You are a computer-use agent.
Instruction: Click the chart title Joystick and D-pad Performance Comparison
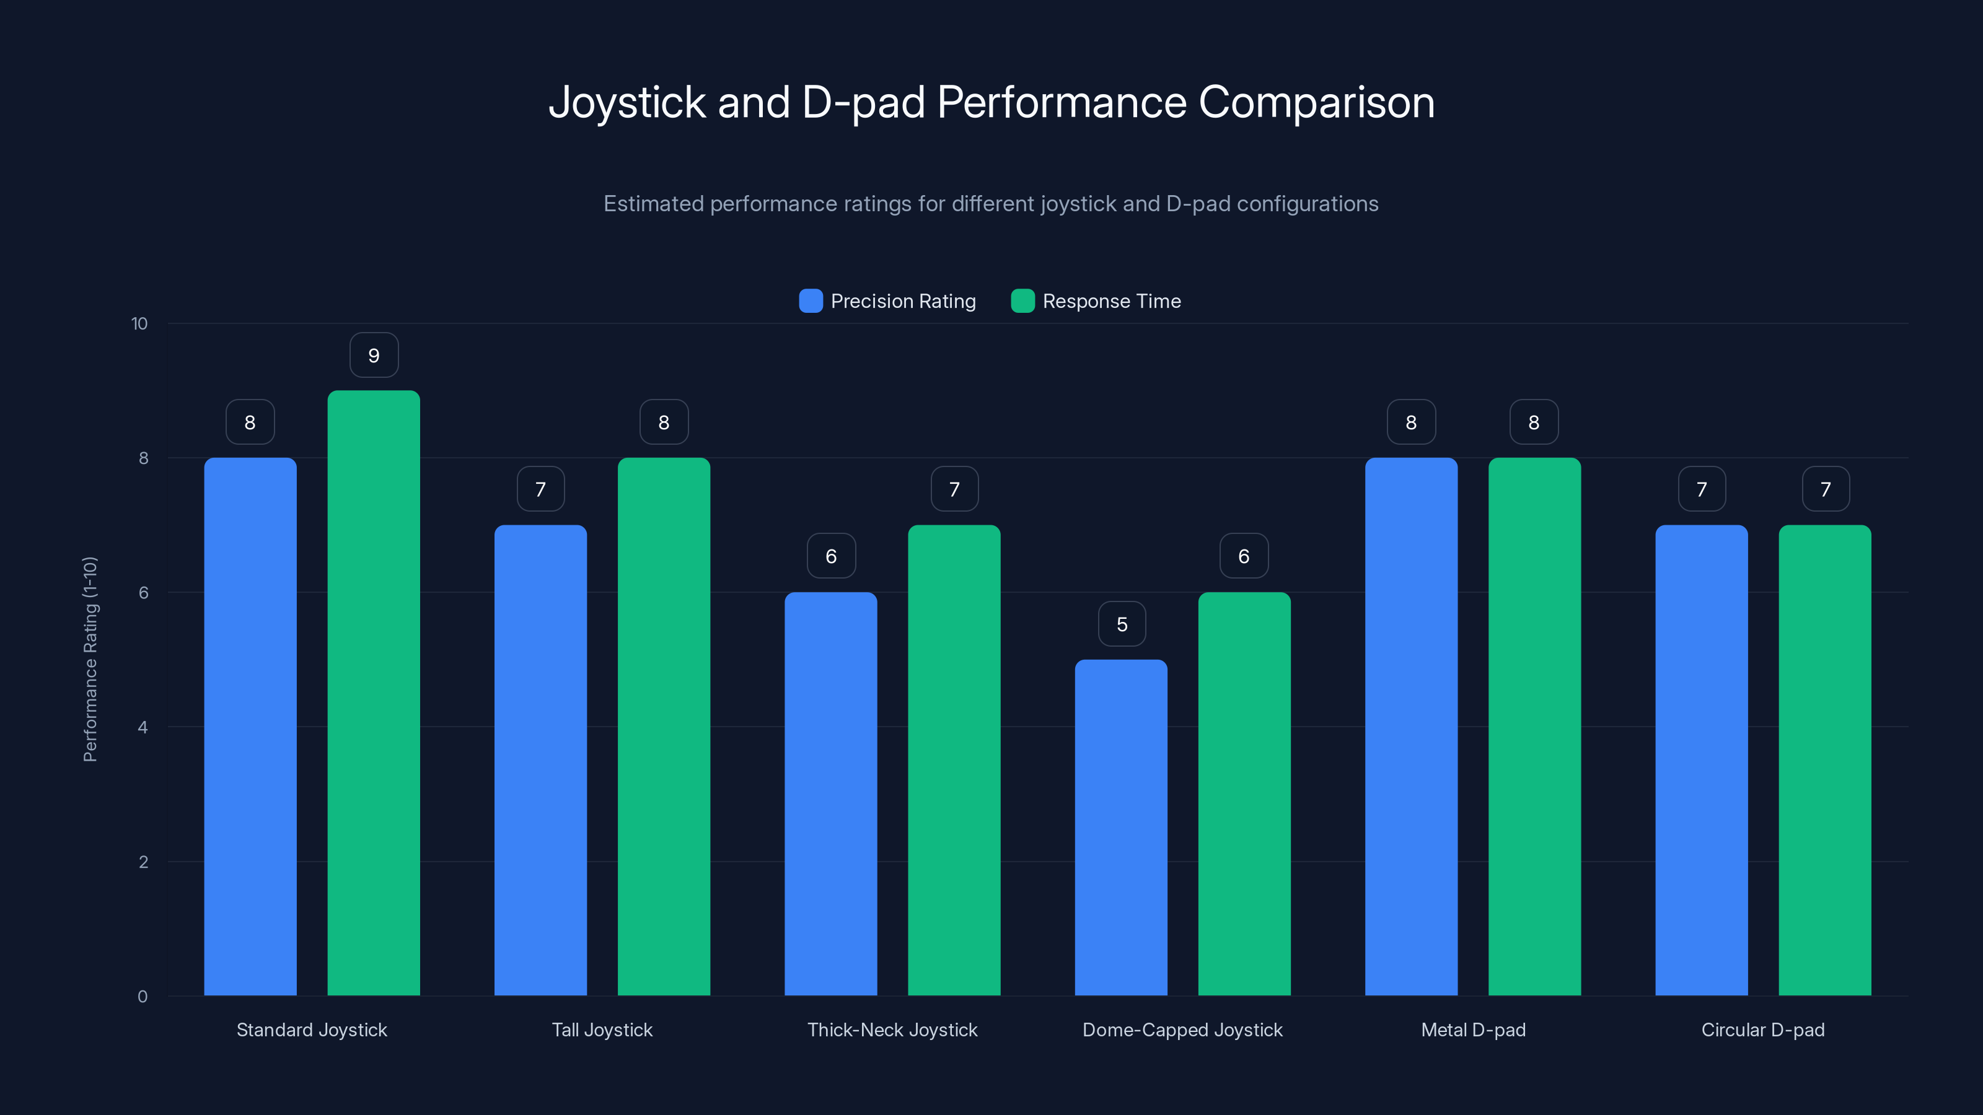991,102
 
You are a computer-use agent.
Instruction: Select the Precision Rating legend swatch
811,301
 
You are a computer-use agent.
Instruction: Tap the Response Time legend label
1111,301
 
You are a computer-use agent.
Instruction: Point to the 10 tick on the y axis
139,323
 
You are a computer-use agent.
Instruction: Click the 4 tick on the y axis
143,727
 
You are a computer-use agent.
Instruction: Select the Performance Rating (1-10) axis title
90,660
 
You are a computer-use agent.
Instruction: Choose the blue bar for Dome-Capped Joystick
1121,827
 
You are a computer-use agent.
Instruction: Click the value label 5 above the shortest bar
1122,624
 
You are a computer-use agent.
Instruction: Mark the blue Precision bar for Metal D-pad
1411,727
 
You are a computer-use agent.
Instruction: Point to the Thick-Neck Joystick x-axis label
892,1030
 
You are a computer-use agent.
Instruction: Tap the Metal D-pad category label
1472,1030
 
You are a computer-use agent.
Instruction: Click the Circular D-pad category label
1763,1030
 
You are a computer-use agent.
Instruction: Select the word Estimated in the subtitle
654,204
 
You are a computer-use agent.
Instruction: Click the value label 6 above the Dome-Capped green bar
1244,556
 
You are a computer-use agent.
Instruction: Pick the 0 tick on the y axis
143,997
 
